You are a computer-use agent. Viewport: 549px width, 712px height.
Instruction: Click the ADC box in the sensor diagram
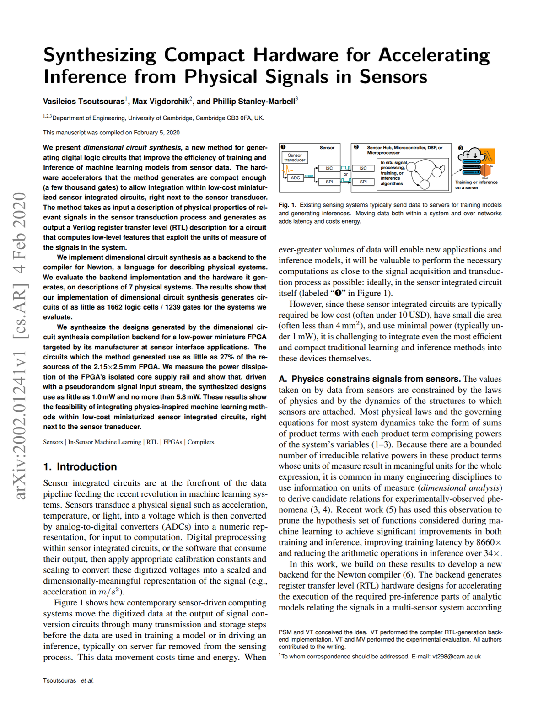click(x=296, y=178)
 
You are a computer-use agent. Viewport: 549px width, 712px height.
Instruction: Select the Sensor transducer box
click(x=295, y=158)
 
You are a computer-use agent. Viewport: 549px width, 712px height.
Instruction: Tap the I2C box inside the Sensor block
click(x=329, y=168)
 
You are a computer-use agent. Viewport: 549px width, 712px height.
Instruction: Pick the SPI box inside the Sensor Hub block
click(x=363, y=182)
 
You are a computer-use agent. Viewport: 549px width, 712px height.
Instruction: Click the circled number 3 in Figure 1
click(x=461, y=148)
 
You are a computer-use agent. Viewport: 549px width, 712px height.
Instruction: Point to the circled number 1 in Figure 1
click(x=283, y=147)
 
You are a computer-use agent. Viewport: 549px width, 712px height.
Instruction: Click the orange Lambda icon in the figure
click(x=488, y=156)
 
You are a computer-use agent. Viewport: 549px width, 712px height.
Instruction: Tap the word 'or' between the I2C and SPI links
click(x=346, y=174)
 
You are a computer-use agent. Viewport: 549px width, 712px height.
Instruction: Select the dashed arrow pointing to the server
click(x=457, y=172)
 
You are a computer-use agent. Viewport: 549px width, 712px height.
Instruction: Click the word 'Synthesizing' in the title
click(x=100, y=55)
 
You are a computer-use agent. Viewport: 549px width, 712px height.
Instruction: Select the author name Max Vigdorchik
click(x=161, y=102)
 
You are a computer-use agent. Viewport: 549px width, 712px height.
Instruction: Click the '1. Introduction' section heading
click(x=80, y=467)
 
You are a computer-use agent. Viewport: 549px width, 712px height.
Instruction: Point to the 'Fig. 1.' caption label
click(x=287, y=205)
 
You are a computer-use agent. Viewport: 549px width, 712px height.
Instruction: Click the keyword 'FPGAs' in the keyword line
click(x=172, y=442)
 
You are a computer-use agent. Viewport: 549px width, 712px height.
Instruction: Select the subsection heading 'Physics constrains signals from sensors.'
click(x=370, y=379)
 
